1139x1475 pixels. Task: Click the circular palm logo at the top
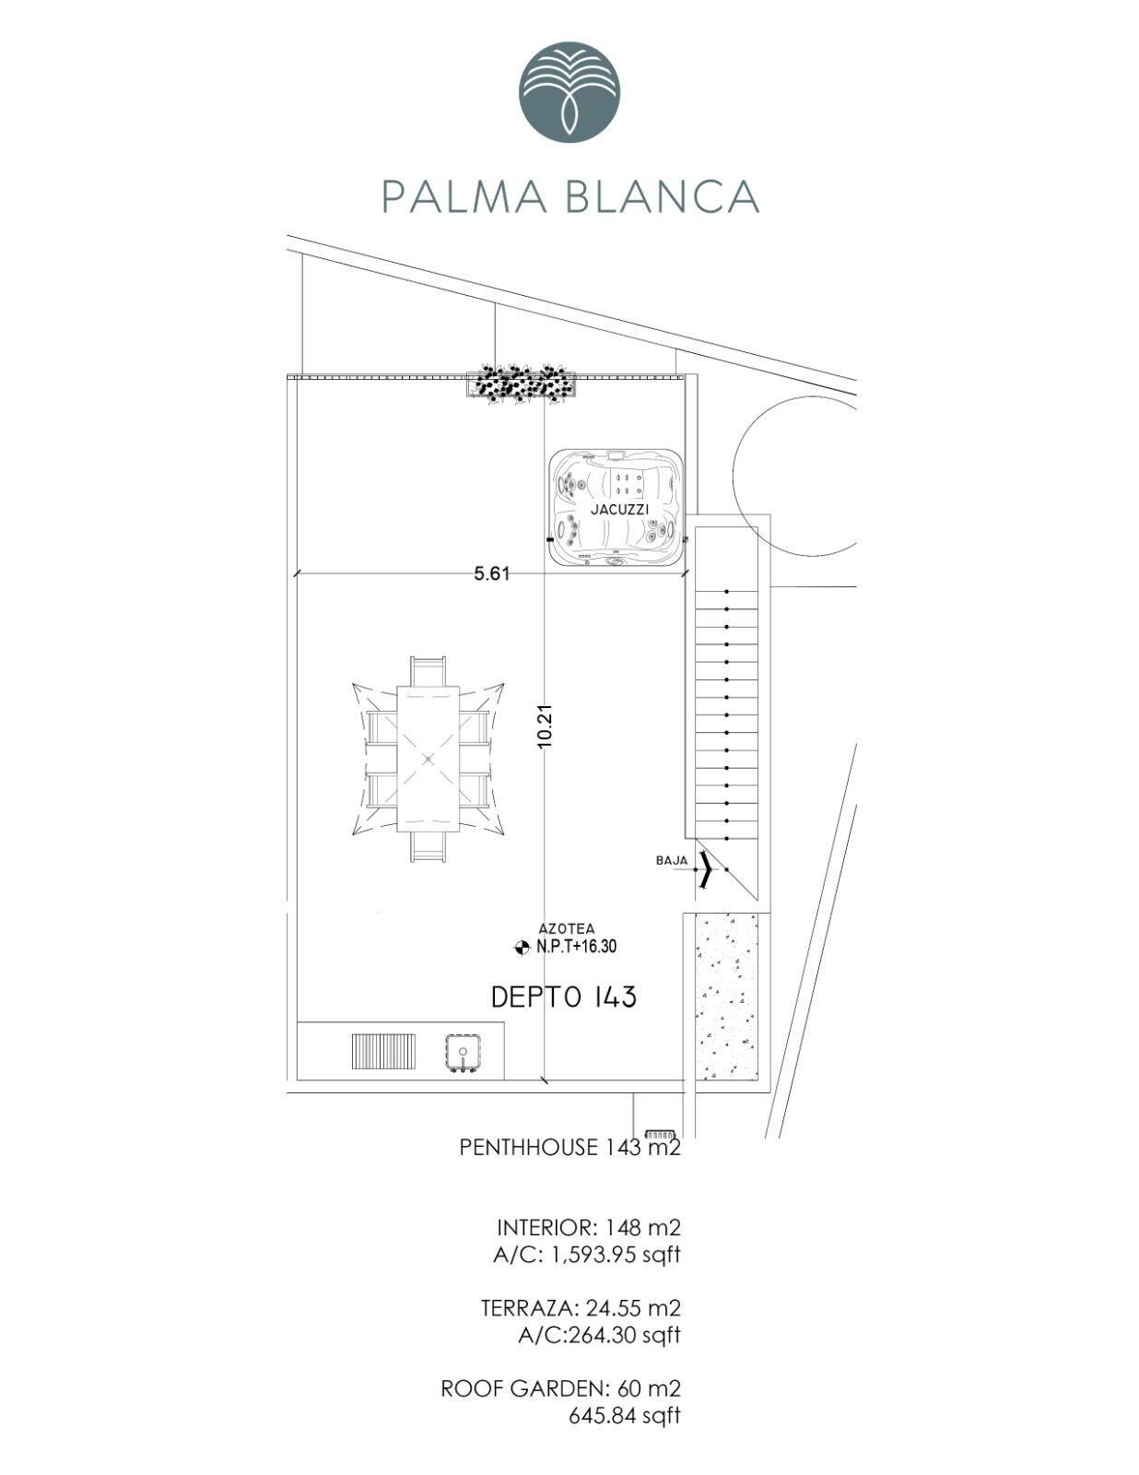[569, 91]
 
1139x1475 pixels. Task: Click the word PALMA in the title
[464, 196]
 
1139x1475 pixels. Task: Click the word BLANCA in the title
[662, 196]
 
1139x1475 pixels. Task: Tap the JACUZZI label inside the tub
[619, 509]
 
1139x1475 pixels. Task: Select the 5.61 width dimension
[491, 573]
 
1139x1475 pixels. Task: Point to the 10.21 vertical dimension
[546, 726]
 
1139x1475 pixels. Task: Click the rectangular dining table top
[429, 758]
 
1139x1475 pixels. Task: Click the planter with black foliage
[521, 384]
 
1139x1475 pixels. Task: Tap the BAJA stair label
[672, 861]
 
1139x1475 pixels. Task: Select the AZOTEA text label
[567, 928]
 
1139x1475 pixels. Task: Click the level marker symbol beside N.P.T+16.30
[522, 947]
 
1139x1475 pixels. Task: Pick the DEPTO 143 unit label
[564, 997]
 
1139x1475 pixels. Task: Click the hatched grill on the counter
[383, 1051]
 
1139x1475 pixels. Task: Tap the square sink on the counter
[464, 1053]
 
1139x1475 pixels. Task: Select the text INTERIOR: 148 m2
[589, 1227]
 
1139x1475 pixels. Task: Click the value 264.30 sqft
[624, 1335]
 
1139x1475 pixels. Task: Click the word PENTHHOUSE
[528, 1147]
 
